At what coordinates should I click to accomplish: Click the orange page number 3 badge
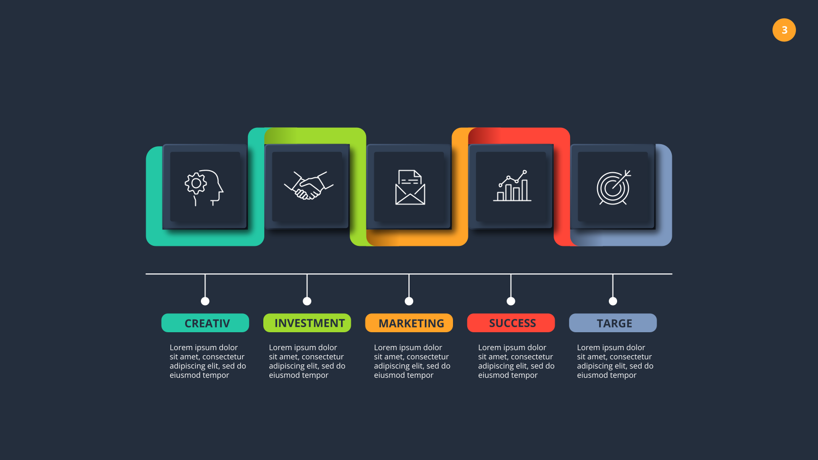tap(784, 30)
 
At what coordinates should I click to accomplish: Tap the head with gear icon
tap(204, 188)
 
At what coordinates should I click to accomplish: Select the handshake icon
tap(309, 186)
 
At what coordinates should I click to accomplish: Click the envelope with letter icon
tap(410, 187)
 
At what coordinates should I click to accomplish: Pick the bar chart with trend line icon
tap(512, 186)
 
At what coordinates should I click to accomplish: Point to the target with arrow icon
tap(614, 187)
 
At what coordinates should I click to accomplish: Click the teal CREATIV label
tap(205, 323)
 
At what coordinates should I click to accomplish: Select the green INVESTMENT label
tap(307, 323)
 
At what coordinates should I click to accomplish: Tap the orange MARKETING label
tap(409, 323)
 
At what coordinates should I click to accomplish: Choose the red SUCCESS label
tap(511, 323)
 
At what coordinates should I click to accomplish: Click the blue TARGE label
tap(613, 323)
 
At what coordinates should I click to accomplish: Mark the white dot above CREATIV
tap(205, 301)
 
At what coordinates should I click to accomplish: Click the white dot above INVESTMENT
tap(307, 301)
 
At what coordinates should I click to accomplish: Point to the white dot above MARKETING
tap(409, 301)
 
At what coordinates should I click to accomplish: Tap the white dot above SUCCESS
tap(511, 301)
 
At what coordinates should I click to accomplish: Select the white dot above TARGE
tap(613, 301)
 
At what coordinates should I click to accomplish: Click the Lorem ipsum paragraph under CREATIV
tap(208, 361)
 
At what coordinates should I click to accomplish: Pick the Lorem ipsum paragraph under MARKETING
tap(412, 361)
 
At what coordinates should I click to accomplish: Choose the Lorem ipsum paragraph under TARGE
tap(615, 361)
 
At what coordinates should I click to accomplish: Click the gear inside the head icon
tap(196, 183)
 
